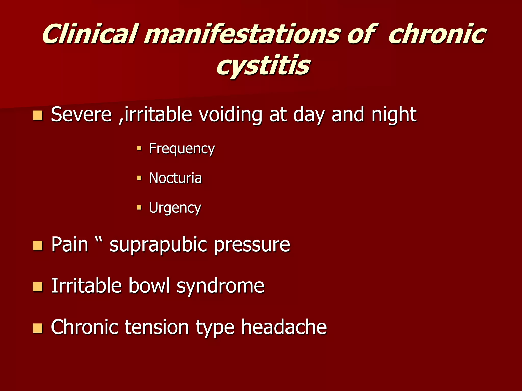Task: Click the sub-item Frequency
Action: pos(182,149)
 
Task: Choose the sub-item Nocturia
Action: pos(175,178)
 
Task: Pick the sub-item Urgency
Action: pos(175,208)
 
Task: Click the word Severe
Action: pos(81,115)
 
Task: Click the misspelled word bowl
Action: pos(149,286)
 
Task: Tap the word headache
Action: pos(284,327)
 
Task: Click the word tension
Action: pos(157,327)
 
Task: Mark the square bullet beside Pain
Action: pos(37,246)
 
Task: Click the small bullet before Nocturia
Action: pos(139,178)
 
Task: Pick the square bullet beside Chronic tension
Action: pos(37,328)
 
